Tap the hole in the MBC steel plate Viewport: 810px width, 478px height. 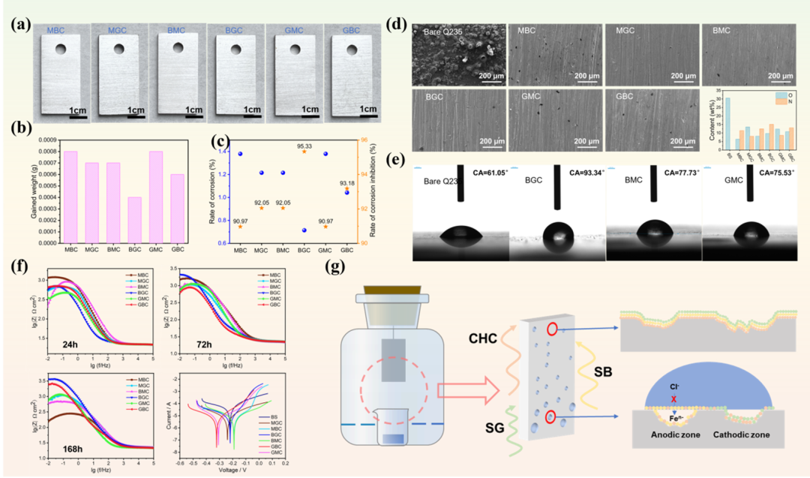[61, 50]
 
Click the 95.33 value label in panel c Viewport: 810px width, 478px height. [304, 142]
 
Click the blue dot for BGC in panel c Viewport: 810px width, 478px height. [304, 230]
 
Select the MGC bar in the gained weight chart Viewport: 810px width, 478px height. [91, 203]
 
